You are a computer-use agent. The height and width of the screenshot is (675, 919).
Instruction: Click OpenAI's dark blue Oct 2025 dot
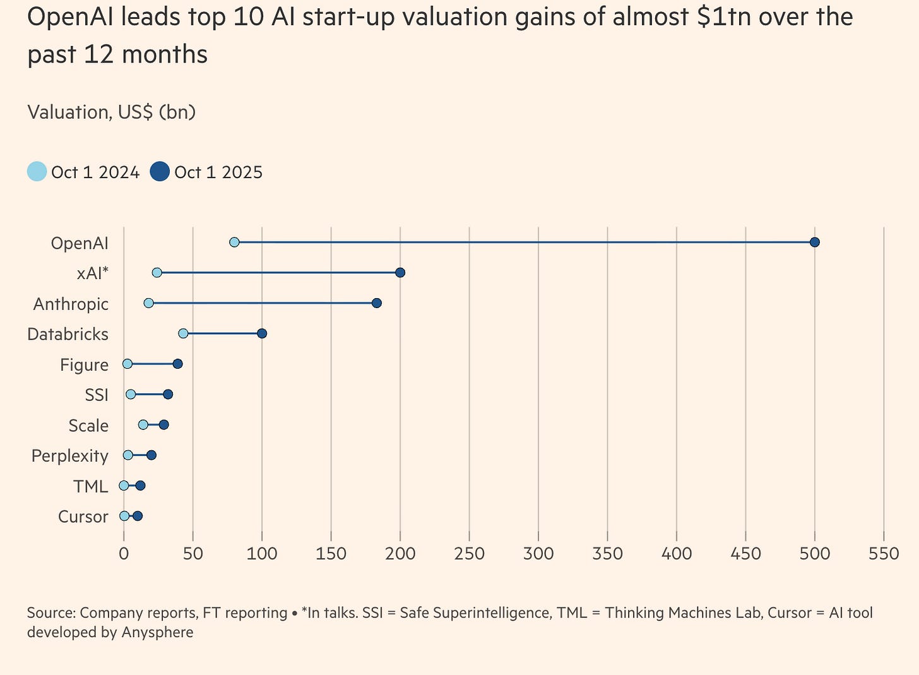tap(814, 242)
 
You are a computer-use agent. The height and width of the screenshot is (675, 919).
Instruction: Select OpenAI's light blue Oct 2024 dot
tap(234, 242)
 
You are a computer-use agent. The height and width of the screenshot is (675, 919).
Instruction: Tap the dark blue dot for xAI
tap(400, 273)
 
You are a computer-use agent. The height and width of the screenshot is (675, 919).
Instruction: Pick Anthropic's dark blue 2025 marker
tap(376, 303)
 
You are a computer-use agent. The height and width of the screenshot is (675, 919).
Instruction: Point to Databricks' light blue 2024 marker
tap(183, 333)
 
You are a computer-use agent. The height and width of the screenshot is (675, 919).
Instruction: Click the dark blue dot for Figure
tap(177, 364)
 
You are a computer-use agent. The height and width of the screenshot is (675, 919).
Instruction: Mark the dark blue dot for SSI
tap(168, 395)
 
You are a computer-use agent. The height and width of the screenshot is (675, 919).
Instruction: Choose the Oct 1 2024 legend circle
tap(37, 172)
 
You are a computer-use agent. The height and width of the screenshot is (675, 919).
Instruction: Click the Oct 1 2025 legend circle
tap(160, 172)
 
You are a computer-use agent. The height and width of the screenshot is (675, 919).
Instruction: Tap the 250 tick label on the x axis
tap(469, 554)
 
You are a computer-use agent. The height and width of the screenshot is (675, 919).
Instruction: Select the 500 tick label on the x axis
tap(814, 554)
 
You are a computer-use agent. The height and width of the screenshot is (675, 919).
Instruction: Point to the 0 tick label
tap(124, 554)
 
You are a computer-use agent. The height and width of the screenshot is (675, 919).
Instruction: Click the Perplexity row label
tap(69, 456)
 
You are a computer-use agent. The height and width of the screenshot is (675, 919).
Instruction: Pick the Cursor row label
tap(83, 517)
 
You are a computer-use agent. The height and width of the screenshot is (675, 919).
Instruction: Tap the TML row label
tap(90, 486)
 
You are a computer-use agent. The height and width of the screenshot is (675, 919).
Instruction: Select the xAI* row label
tap(92, 273)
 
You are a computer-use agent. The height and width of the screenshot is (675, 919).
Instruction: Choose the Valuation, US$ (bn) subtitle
tap(111, 112)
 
